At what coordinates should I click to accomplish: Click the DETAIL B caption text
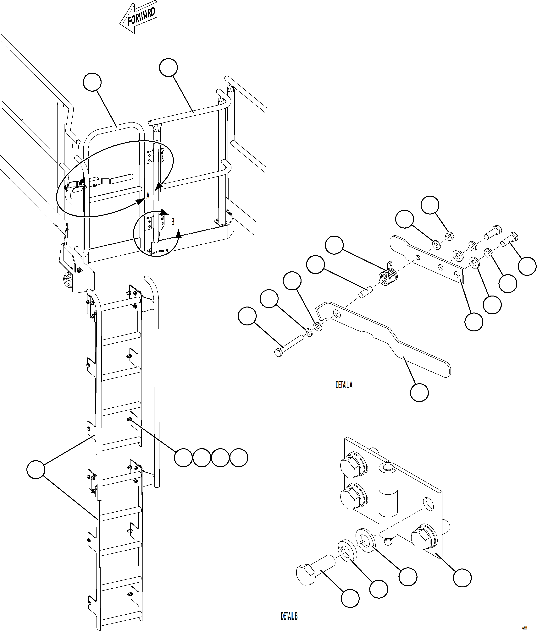pyautogui.click(x=289, y=616)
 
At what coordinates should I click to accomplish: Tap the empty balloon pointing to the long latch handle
pyautogui.click(x=419, y=393)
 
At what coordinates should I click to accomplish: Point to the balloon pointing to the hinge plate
pyautogui.click(x=462, y=577)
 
